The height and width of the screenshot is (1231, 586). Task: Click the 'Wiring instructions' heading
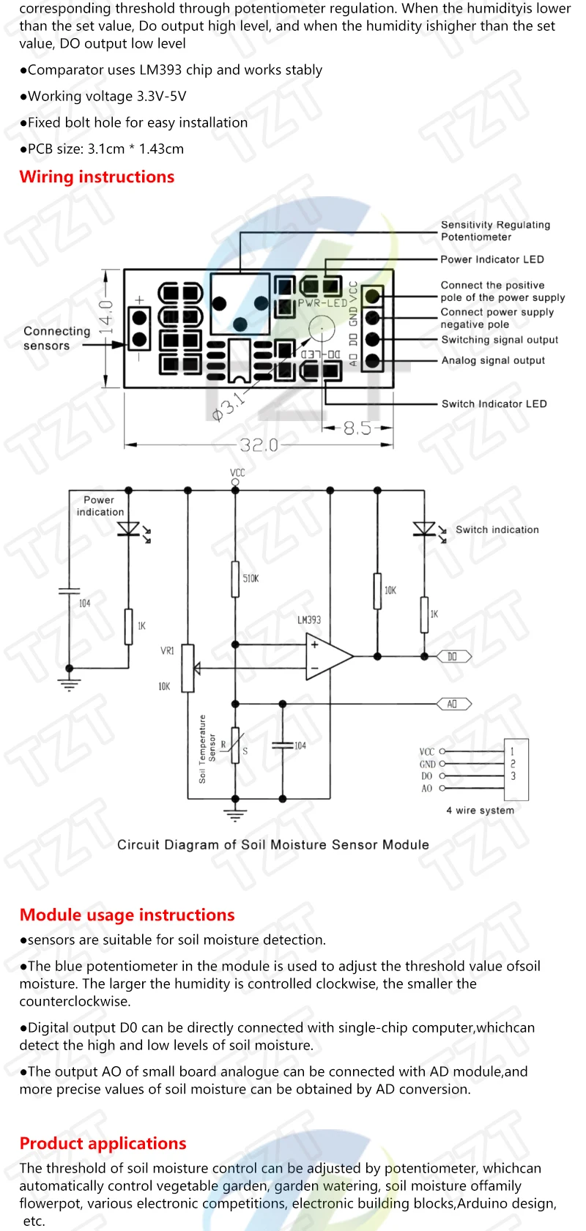pyautogui.click(x=97, y=177)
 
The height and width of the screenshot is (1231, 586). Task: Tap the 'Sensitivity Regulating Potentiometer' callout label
pyautogui.click(x=495, y=231)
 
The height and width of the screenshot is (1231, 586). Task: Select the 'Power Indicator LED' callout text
pyautogui.click(x=492, y=259)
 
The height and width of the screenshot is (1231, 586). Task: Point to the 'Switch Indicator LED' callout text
pyautogui.click(x=494, y=403)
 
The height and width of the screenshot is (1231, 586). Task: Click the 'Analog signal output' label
pyautogui.click(x=493, y=360)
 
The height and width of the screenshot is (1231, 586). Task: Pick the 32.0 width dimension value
pyautogui.click(x=259, y=445)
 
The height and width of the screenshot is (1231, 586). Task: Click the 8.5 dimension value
pyautogui.click(x=357, y=428)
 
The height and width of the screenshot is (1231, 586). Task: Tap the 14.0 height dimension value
pyautogui.click(x=107, y=316)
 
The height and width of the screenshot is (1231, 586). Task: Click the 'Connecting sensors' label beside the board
pyautogui.click(x=56, y=338)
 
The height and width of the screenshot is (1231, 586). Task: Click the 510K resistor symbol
pyautogui.click(x=235, y=579)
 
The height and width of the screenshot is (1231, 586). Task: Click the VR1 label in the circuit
pyautogui.click(x=167, y=651)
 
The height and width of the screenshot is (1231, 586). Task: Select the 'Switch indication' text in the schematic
pyautogui.click(x=497, y=529)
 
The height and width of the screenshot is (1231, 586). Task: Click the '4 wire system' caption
pyautogui.click(x=480, y=810)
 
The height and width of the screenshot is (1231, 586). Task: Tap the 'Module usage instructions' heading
pyautogui.click(x=127, y=915)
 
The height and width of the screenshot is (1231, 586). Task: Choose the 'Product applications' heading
pyautogui.click(x=103, y=1143)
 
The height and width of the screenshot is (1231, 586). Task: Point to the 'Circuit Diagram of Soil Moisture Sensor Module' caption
pyautogui.click(x=272, y=844)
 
